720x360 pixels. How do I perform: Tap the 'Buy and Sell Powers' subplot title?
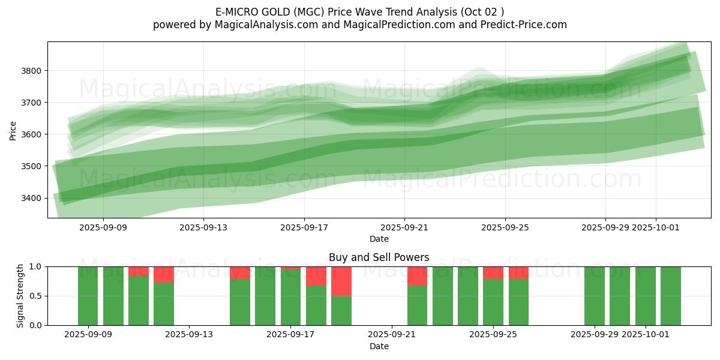[x=379, y=257]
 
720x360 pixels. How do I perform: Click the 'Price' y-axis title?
[x=13, y=130]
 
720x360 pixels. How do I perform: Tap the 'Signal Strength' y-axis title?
[x=20, y=296]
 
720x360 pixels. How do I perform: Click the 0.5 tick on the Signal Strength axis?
[x=37, y=296]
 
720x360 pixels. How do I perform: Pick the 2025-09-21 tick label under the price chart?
[x=404, y=227]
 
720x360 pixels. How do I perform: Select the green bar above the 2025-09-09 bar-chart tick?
[x=88, y=296]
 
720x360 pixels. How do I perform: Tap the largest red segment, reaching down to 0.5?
[x=341, y=281]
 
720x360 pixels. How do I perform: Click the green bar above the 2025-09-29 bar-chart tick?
[x=595, y=296]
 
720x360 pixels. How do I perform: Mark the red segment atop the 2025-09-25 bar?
[x=493, y=272]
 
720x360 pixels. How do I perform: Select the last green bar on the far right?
[x=671, y=296]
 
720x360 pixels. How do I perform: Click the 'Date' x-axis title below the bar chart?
[x=379, y=346]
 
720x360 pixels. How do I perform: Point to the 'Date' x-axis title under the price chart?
[x=379, y=239]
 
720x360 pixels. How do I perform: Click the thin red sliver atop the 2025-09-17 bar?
[x=291, y=268]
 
